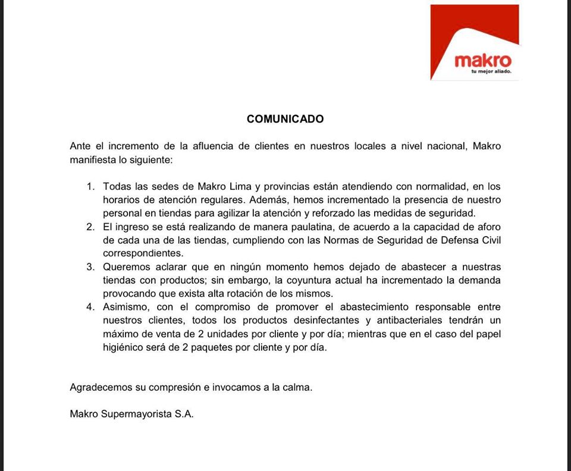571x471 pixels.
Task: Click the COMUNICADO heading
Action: coord(285,119)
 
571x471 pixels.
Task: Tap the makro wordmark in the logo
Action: coord(482,61)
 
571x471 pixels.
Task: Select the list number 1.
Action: coord(90,186)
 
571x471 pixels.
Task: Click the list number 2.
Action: coord(90,227)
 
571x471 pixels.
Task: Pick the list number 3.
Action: coord(90,266)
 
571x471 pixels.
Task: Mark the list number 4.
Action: coord(90,307)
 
